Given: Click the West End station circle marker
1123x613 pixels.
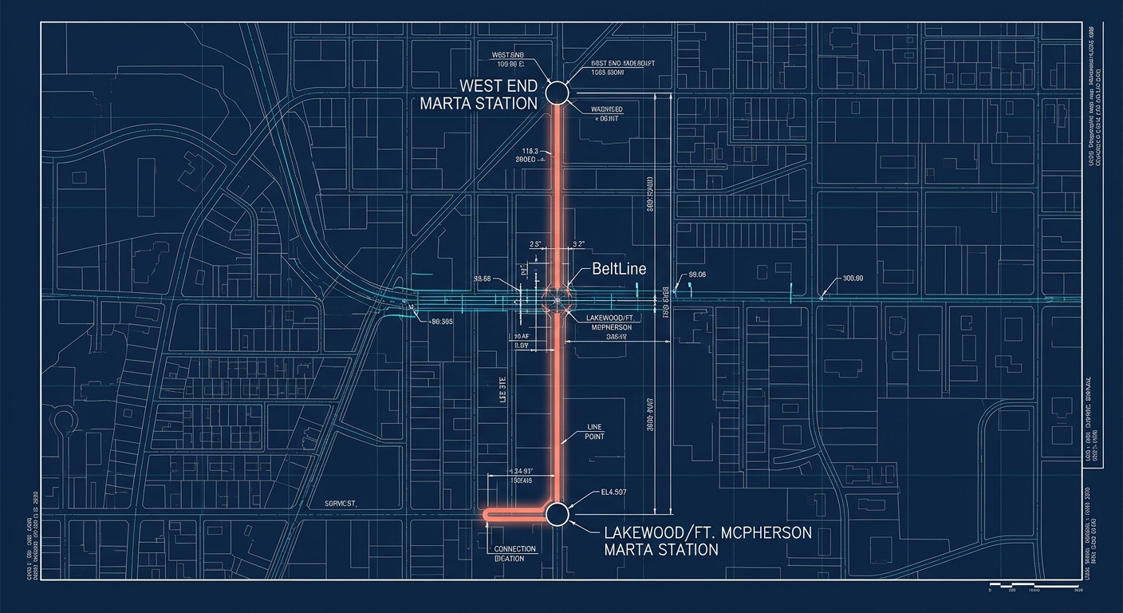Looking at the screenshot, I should [x=556, y=93].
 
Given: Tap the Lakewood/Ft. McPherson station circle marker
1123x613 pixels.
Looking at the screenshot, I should [x=556, y=514].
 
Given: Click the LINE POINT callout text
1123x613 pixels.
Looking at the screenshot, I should [x=595, y=432].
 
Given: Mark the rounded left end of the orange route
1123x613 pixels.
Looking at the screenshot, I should [x=487, y=515].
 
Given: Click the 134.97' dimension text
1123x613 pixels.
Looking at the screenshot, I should [x=520, y=471].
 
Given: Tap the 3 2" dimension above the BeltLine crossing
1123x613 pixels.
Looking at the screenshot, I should [x=578, y=243].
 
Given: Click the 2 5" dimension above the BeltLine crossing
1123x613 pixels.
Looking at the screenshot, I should [x=535, y=243].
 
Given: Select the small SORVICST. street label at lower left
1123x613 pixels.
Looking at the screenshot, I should [x=341, y=504].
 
